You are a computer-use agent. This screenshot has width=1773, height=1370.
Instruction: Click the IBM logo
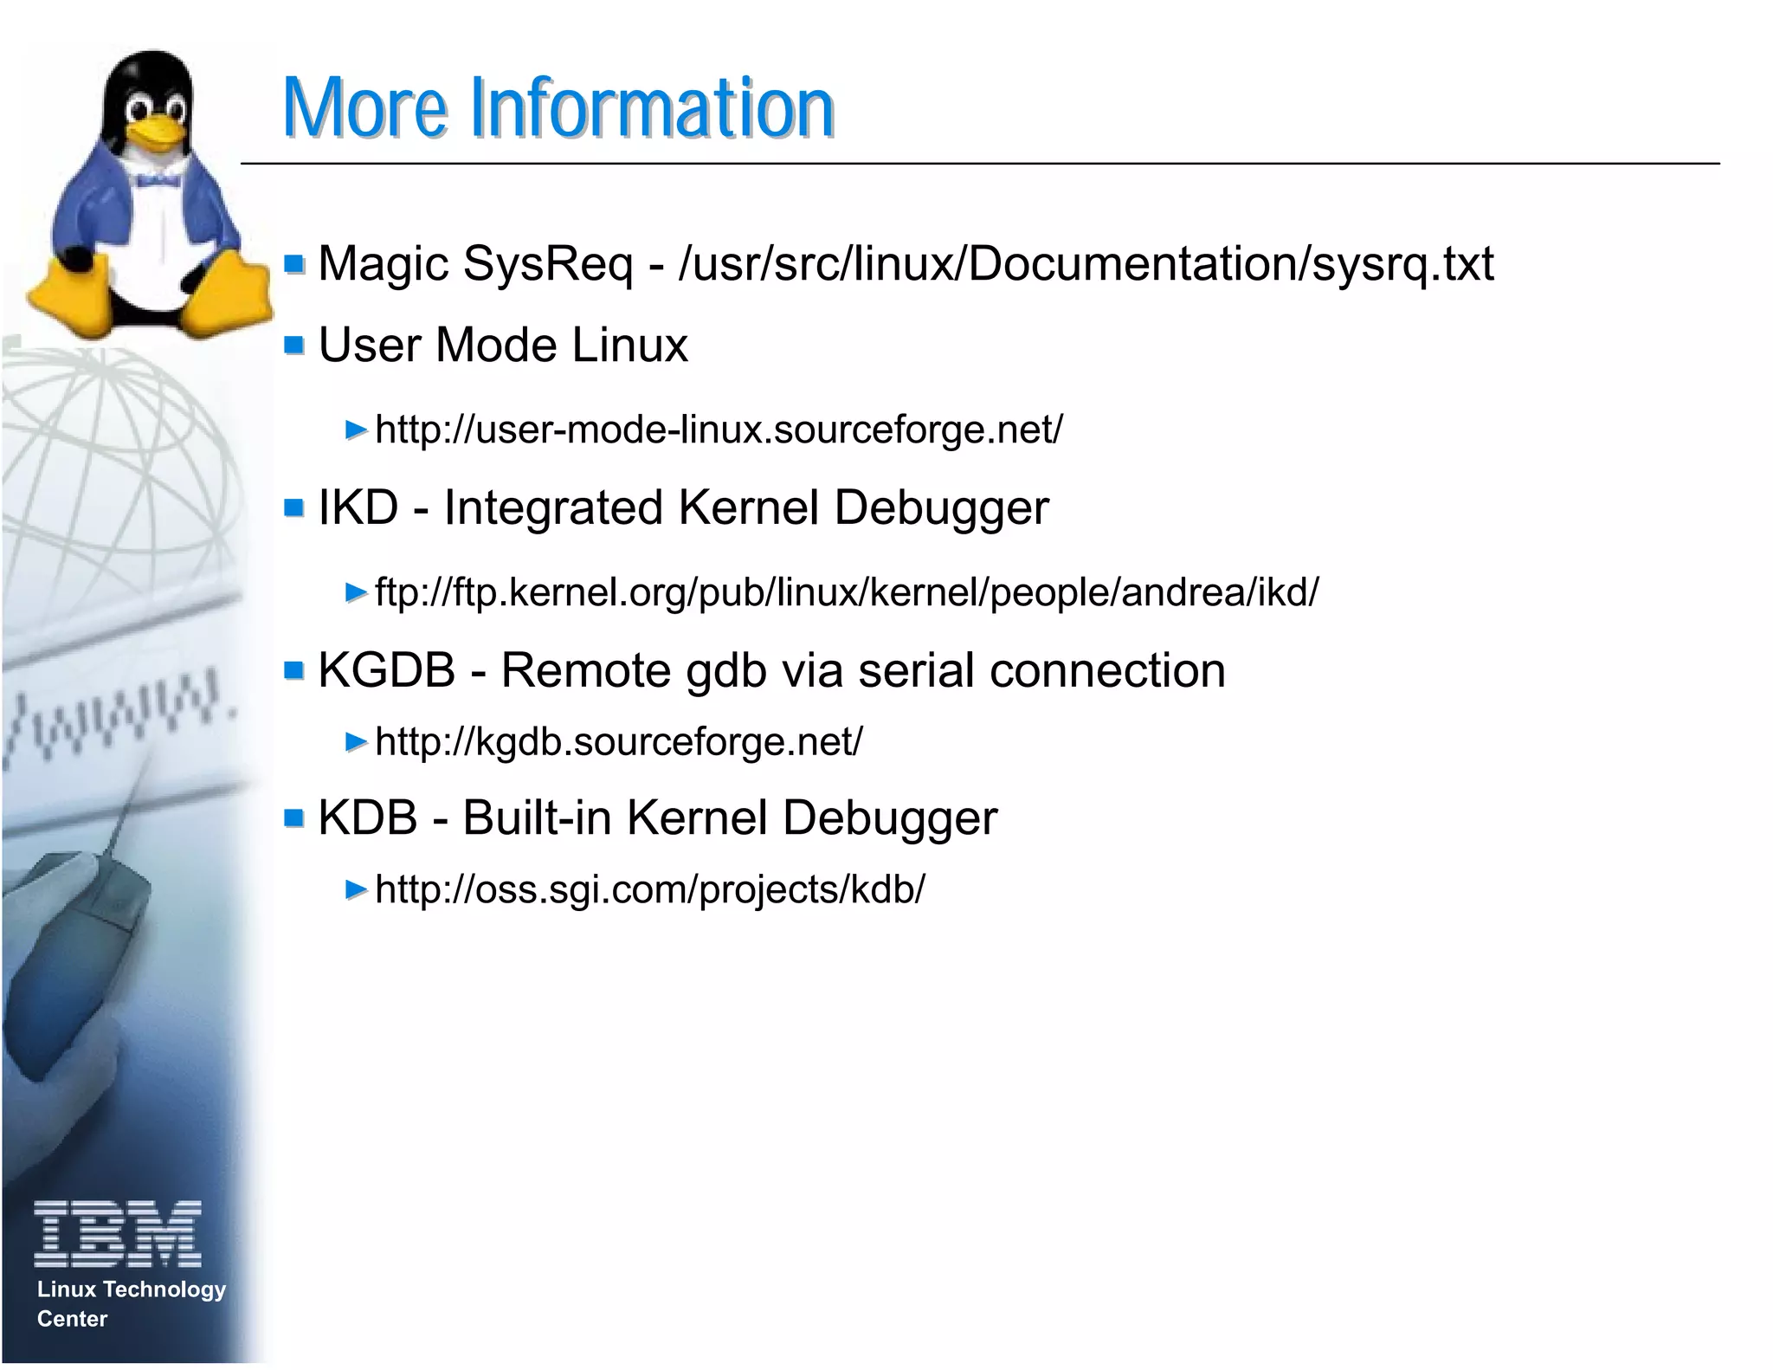coord(118,1233)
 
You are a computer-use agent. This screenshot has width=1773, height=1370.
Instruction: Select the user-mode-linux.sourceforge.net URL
coord(719,430)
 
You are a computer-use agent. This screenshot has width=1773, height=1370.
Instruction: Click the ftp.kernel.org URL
coord(846,593)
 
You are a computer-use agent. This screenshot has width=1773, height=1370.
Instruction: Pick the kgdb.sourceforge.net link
coord(618,742)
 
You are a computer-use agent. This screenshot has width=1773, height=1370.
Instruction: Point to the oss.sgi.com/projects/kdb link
coord(649,889)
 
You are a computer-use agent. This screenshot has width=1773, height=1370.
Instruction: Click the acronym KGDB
coord(386,670)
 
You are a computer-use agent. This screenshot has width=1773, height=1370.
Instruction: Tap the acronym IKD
coord(358,507)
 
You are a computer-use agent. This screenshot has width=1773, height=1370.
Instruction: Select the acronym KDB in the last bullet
coord(367,817)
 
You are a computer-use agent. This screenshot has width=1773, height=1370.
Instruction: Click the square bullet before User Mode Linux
coord(294,346)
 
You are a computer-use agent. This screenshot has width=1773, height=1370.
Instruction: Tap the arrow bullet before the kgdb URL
coord(356,742)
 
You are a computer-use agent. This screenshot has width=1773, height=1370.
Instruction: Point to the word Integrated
coord(553,507)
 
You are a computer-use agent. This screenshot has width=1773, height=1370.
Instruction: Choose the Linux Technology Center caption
coord(130,1303)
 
